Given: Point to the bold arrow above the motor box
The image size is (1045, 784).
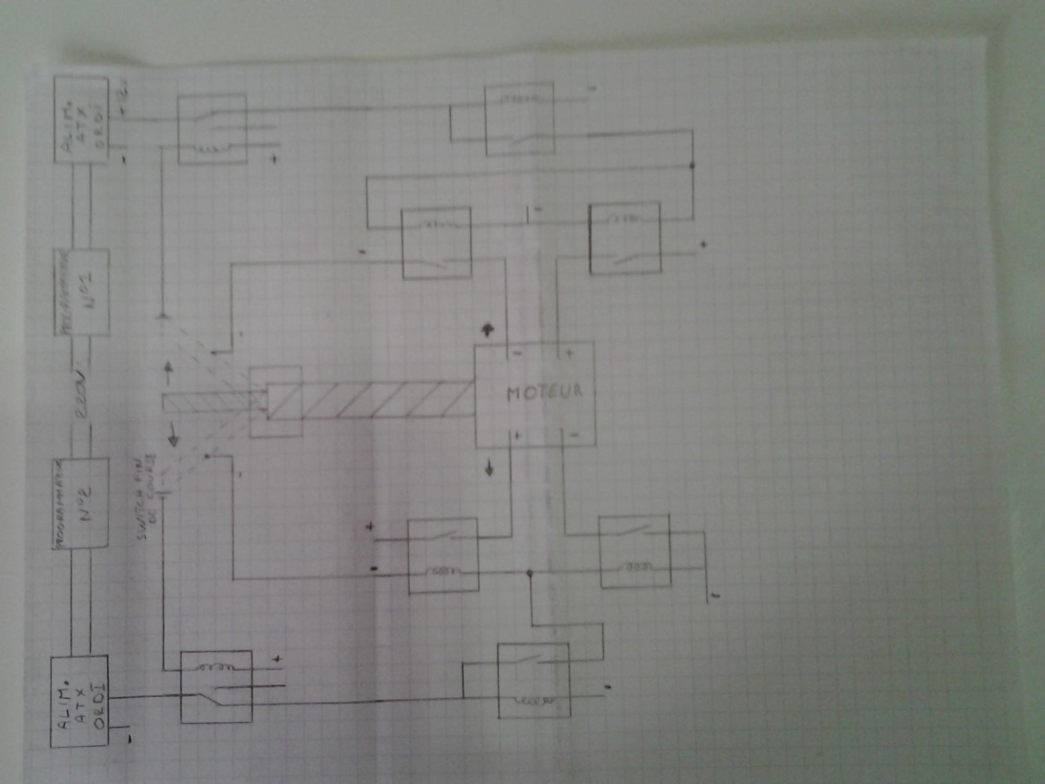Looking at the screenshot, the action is pyautogui.click(x=488, y=329).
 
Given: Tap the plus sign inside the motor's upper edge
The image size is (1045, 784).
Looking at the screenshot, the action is pyautogui.click(x=569, y=353).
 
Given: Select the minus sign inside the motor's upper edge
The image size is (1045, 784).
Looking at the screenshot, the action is pyautogui.click(x=517, y=354).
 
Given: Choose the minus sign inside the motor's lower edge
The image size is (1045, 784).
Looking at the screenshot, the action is pyautogui.click(x=574, y=435).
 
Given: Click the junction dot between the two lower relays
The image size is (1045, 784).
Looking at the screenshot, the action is pyautogui.click(x=529, y=573).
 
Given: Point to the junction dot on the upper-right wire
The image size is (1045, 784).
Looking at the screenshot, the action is pyautogui.click(x=692, y=166).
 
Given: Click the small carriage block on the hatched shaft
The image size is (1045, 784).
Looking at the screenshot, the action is pyautogui.click(x=276, y=401).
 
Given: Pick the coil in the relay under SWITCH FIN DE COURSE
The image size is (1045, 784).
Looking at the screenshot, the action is pyautogui.click(x=215, y=667).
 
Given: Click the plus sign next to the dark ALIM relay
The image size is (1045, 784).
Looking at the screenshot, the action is pyautogui.click(x=277, y=660).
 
